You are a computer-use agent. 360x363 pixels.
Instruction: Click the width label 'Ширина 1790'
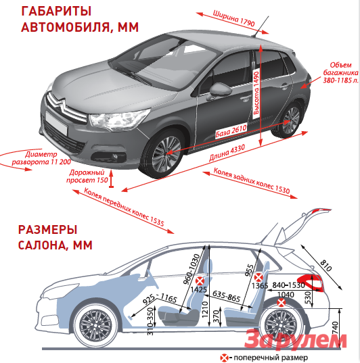click(x=233, y=18)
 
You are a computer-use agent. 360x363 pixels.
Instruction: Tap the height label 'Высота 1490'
click(x=256, y=93)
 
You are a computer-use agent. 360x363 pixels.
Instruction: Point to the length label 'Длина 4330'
click(x=227, y=153)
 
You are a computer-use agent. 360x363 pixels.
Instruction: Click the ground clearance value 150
click(x=103, y=180)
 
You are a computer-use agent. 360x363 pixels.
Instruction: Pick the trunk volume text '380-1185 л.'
click(x=341, y=80)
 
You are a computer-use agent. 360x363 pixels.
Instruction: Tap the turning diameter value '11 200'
click(x=61, y=162)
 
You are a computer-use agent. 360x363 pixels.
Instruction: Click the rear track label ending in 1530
click(x=252, y=181)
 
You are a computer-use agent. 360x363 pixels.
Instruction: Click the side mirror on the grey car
click(x=220, y=90)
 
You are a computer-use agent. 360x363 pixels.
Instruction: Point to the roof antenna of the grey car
click(x=261, y=26)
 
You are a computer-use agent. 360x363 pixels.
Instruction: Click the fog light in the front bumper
click(x=116, y=157)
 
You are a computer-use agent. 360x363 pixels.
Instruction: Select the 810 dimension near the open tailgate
click(x=326, y=265)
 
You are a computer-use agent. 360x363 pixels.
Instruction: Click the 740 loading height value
click(x=336, y=328)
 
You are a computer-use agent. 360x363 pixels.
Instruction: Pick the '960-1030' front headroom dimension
click(x=192, y=269)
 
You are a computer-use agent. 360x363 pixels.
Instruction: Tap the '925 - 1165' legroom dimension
click(x=160, y=299)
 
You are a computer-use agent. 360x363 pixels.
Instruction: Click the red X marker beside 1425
click(x=200, y=281)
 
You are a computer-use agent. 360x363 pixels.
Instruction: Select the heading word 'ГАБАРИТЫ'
click(x=56, y=11)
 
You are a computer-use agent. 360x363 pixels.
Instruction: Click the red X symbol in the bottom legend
click(x=224, y=358)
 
